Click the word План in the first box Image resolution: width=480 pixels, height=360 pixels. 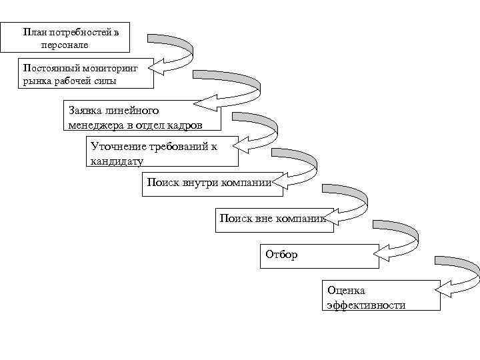click(x=33, y=32)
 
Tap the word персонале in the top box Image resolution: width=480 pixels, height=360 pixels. click(x=65, y=45)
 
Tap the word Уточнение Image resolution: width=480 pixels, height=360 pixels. click(x=115, y=146)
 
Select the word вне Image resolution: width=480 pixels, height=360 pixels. click(x=264, y=218)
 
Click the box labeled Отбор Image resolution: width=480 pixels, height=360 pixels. click(x=319, y=255)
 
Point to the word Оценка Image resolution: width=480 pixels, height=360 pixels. click(x=346, y=291)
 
